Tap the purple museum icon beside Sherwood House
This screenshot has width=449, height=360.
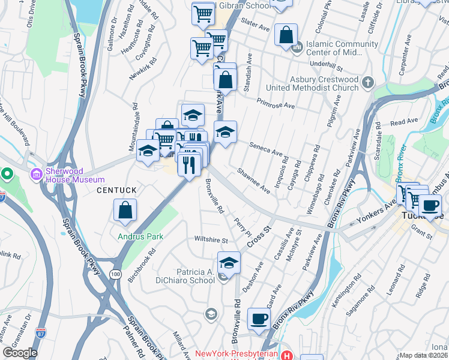[x=37, y=175]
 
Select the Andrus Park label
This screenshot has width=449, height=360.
[x=140, y=236]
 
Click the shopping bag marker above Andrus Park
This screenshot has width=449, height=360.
[x=125, y=211]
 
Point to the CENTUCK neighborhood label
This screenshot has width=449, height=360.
[x=117, y=190]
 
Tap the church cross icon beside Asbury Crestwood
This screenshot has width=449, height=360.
[x=368, y=83]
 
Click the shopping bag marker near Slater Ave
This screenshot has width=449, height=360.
[x=286, y=35]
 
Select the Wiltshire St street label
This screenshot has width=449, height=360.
[x=211, y=240]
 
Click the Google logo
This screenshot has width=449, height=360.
[x=20, y=352]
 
